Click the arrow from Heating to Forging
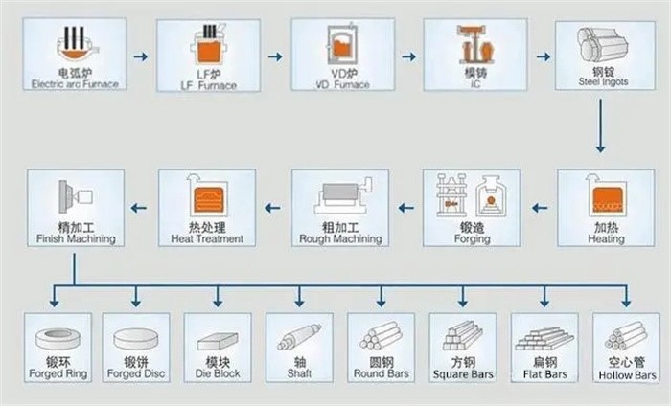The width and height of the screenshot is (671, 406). (x=540, y=207)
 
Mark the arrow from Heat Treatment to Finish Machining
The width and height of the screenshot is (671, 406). (x=140, y=207)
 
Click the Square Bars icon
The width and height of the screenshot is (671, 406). (x=462, y=335)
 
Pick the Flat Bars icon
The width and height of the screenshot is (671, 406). (x=544, y=338)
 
